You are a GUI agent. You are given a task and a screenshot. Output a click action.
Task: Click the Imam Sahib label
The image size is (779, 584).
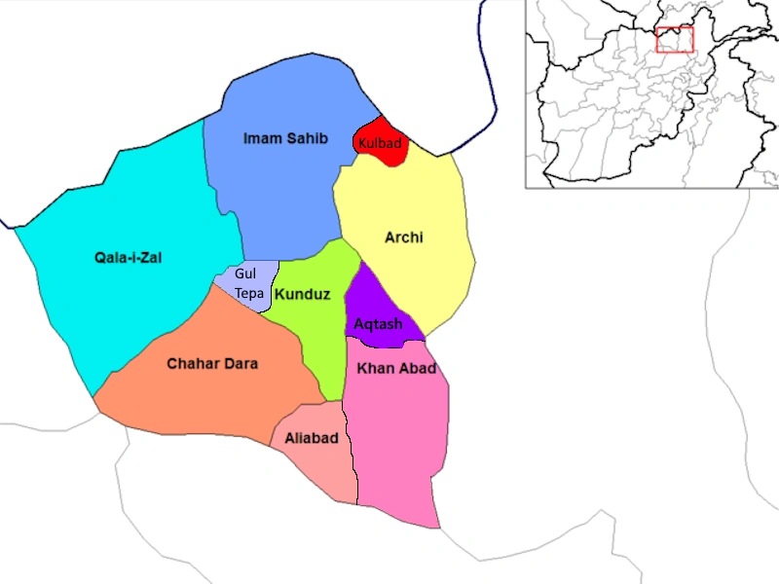coord(284,139)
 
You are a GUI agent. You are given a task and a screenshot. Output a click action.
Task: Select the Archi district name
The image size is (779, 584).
coord(404,237)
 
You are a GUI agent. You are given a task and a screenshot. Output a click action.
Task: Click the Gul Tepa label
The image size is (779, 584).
coord(245,283)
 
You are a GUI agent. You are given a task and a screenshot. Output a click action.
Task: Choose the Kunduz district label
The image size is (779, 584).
coord(302,294)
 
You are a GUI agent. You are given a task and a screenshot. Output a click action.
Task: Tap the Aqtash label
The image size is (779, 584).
coord(378,324)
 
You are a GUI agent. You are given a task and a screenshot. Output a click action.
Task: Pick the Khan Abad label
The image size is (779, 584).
coord(396,368)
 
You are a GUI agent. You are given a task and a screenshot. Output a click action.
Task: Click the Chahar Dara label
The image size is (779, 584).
coord(212,364)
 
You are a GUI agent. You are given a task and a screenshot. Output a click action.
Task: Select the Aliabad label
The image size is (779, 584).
coord(312,438)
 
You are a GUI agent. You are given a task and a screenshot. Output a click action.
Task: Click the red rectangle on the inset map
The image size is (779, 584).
coord(674,40)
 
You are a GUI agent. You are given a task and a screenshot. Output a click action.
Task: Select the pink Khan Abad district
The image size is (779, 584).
coord(399,438)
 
